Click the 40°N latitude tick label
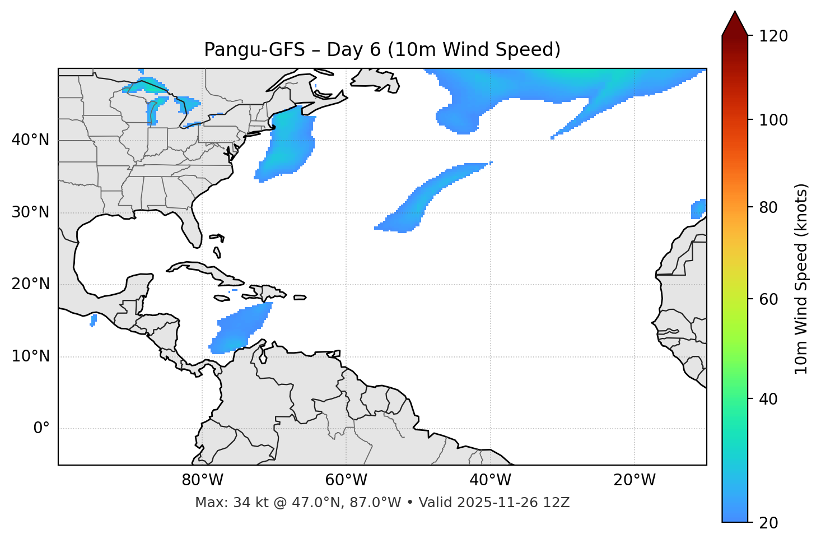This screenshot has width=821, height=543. click(x=30, y=140)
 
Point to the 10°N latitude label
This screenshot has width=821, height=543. click(x=30, y=356)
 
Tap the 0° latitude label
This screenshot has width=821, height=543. click(x=41, y=429)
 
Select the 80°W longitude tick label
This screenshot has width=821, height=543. click(x=202, y=480)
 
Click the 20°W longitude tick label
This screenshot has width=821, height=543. click(x=635, y=480)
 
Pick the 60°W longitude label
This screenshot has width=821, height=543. click(x=346, y=480)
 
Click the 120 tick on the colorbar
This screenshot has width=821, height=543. click(x=773, y=36)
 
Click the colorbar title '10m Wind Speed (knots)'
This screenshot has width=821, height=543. click(x=801, y=279)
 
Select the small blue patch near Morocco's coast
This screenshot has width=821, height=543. click(x=698, y=209)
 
